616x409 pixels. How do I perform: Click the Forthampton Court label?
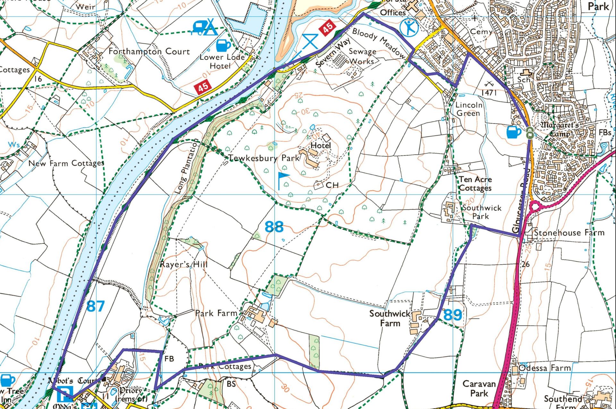pos(149,51)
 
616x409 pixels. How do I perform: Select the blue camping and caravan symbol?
pos(205,27)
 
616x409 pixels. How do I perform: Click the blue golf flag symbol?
pos(283,180)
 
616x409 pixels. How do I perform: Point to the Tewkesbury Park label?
pos(264,158)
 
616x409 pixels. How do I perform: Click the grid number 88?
pos(274,227)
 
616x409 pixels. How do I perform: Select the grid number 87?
pos(95,306)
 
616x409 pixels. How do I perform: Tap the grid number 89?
pos(453,315)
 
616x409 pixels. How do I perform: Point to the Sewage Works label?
pos(362,56)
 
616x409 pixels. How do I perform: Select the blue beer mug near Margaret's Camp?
pos(513,132)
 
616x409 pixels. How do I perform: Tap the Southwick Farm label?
pos(390,318)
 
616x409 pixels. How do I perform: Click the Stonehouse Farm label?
pos(569,233)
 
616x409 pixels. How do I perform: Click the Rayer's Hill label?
pos(184,264)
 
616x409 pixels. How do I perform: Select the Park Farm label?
pos(216,313)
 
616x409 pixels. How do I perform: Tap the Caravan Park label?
pos(479,388)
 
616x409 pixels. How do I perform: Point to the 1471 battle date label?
pos(489,92)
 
